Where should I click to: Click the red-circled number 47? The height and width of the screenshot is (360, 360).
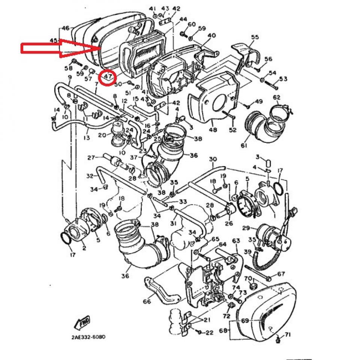(x=108, y=77)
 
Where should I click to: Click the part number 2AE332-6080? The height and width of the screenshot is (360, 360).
(x=88, y=337)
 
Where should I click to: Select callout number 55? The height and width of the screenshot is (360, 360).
(x=255, y=37)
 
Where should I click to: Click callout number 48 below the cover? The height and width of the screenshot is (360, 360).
(x=213, y=130)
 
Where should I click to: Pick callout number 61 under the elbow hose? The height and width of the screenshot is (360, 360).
(x=244, y=145)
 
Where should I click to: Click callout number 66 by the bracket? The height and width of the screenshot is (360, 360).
(x=147, y=301)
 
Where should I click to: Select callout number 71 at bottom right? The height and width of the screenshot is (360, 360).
(x=288, y=334)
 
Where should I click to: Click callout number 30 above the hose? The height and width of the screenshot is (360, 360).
(x=213, y=159)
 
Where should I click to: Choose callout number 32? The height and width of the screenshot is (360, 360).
(x=89, y=175)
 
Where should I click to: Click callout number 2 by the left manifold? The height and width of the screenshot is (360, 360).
(x=84, y=248)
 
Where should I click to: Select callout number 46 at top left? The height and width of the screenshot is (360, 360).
(x=66, y=28)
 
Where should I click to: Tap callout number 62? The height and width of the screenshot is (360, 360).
(x=276, y=98)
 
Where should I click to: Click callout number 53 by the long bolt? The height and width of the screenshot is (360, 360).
(x=283, y=79)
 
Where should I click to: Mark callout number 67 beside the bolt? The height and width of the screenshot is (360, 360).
(x=281, y=274)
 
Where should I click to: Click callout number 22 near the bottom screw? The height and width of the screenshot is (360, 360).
(x=209, y=332)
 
